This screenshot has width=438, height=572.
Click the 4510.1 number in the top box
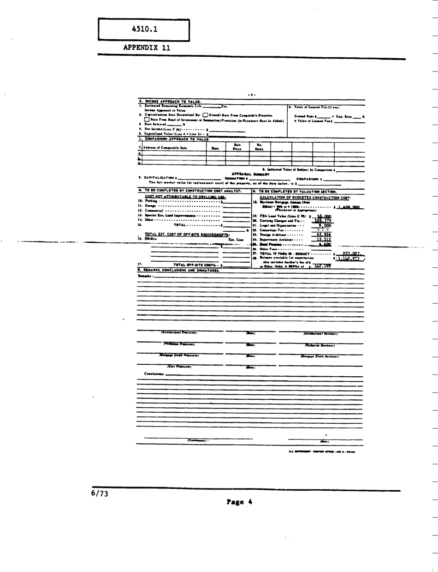[145, 30]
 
